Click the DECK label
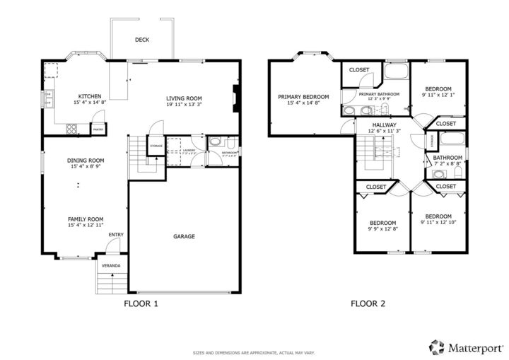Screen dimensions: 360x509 tap(141, 40)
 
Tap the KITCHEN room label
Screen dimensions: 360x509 tap(90, 96)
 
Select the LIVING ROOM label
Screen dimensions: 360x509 tap(184, 98)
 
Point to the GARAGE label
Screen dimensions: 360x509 tap(184, 236)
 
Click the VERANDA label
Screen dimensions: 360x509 tap(111, 266)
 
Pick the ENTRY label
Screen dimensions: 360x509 tap(116, 235)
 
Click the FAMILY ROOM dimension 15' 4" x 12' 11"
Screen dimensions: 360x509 tap(86, 226)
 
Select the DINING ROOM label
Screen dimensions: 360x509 tap(86, 161)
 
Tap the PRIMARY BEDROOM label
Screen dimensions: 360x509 tap(303, 96)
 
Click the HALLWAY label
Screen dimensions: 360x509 tap(385, 124)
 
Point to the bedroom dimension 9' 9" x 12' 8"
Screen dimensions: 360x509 tap(383, 228)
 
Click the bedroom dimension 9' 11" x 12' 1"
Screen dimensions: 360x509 tap(438, 95)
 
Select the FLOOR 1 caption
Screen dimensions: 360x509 tap(141, 304)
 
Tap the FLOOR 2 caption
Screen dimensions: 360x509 tap(368, 304)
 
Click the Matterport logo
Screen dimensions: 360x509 tap(467, 347)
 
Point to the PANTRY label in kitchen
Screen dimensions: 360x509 tap(98, 129)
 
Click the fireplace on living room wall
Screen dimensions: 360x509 tap(237, 98)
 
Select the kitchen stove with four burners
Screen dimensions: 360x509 tap(71, 128)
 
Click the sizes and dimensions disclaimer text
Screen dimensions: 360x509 tap(255, 352)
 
